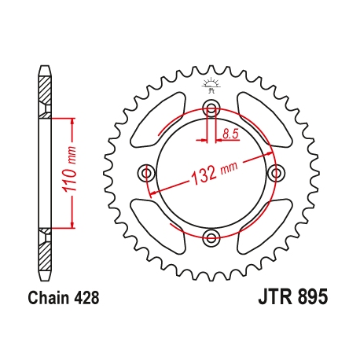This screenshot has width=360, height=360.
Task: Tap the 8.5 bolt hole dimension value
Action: click(x=230, y=134)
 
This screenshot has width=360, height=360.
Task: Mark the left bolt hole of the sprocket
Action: click(x=145, y=172)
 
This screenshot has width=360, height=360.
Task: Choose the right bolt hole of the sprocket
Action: click(x=274, y=172)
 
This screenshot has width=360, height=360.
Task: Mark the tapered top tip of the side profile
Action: click(x=45, y=69)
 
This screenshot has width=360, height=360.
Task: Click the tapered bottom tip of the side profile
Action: click(x=45, y=276)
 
